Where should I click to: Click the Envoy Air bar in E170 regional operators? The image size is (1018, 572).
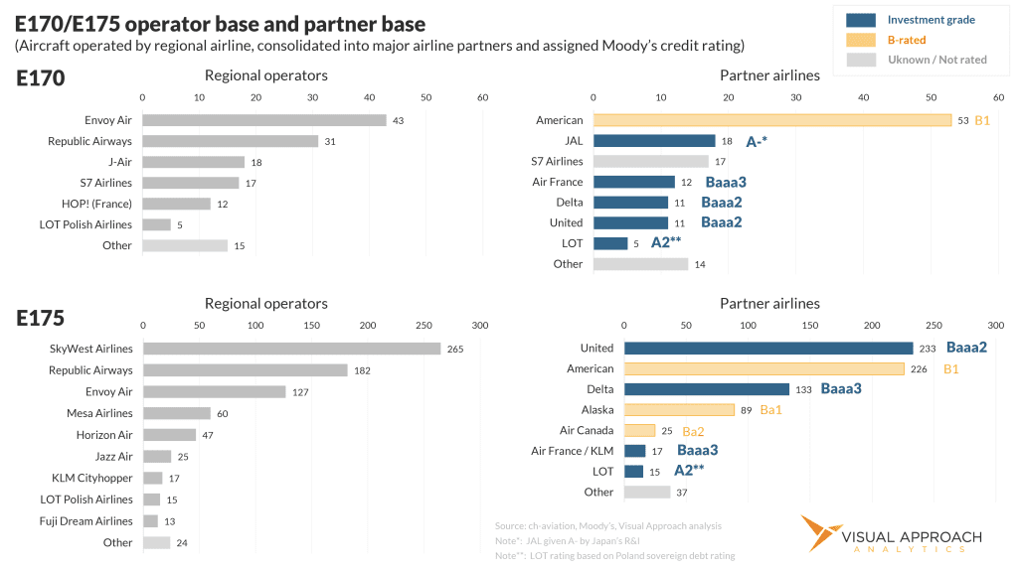click(x=263, y=120)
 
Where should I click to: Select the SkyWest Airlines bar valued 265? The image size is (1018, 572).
click(x=291, y=349)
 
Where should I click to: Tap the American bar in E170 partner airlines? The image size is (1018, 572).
click(x=771, y=120)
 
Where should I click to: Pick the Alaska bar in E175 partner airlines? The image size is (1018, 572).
click(x=679, y=409)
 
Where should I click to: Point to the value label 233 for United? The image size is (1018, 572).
click(x=929, y=349)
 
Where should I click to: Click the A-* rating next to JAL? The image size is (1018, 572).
click(x=757, y=141)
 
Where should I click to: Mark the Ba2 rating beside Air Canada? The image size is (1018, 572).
click(x=693, y=431)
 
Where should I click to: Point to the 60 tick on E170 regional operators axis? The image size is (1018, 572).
click(x=483, y=97)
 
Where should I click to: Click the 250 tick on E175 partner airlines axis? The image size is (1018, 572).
click(x=933, y=325)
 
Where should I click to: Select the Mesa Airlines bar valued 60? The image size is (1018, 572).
click(x=176, y=413)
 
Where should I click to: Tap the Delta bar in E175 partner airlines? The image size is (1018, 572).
click(x=706, y=389)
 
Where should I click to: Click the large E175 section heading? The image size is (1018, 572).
click(x=40, y=318)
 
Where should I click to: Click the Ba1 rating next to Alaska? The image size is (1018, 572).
click(x=772, y=410)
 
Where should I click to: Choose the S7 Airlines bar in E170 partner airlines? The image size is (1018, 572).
click(x=650, y=161)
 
